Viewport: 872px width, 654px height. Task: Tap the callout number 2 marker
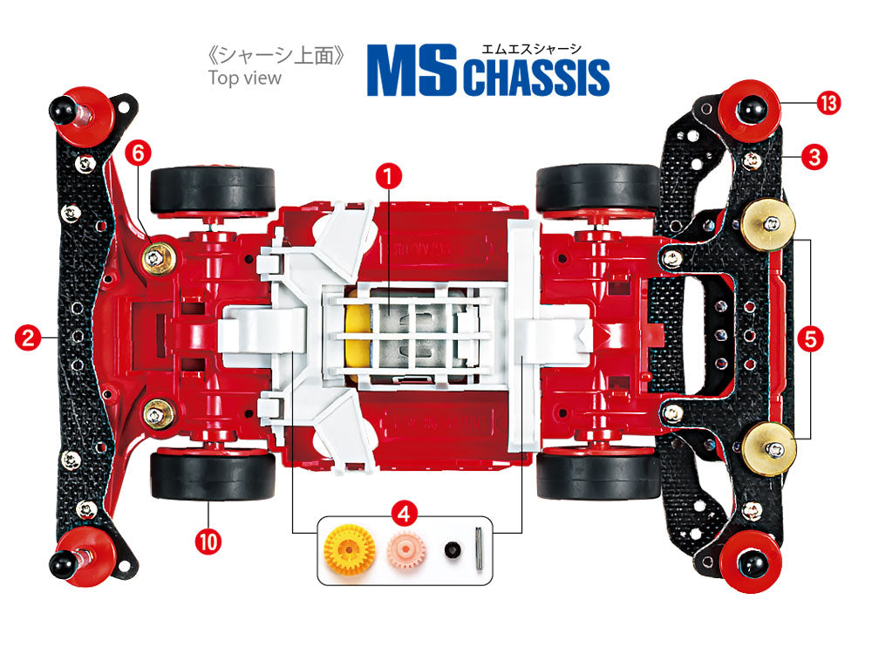(x=29, y=337)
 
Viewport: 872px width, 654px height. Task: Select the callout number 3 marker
(x=813, y=158)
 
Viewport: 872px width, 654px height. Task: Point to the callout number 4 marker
(x=401, y=513)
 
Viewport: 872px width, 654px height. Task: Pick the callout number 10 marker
(x=209, y=541)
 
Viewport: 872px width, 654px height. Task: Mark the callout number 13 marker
(x=828, y=103)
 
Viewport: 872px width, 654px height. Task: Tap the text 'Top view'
(x=245, y=78)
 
